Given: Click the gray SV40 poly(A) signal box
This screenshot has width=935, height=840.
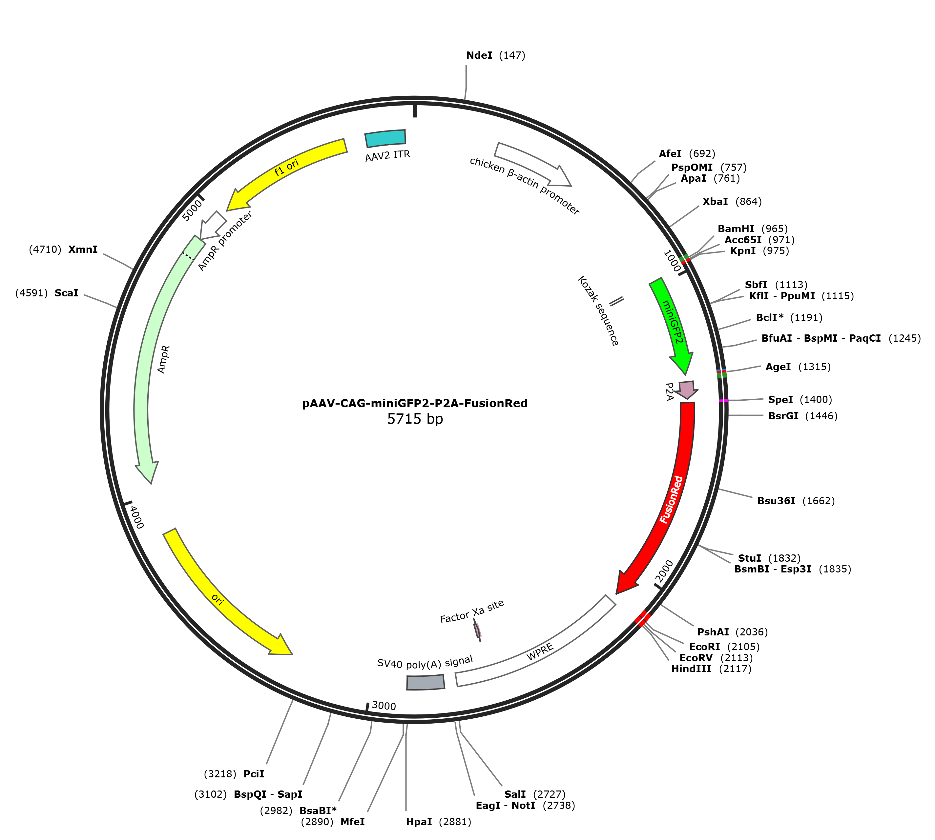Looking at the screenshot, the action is click(x=425, y=682).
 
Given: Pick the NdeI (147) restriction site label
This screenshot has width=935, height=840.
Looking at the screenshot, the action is click(x=495, y=55).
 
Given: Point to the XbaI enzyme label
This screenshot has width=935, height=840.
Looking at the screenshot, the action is click(x=715, y=202).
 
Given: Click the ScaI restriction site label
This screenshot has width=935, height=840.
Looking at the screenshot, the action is click(x=67, y=293).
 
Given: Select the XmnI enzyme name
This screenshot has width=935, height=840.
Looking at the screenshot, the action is click(x=83, y=250).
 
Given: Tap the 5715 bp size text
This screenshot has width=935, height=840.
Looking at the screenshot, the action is click(x=415, y=419).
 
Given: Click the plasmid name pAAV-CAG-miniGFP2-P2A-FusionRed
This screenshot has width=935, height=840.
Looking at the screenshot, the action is click(x=415, y=403).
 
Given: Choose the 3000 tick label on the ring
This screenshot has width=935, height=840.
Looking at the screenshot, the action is click(x=384, y=706).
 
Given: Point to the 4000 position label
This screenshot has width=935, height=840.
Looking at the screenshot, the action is click(x=137, y=517).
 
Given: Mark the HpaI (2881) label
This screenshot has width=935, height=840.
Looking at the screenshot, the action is click(x=439, y=822).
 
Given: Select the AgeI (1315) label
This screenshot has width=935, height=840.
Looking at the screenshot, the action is click(x=798, y=367).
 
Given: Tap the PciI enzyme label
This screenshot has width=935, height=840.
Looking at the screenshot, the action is click(x=254, y=774).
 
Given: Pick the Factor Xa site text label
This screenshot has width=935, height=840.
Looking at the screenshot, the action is click(x=472, y=611).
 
